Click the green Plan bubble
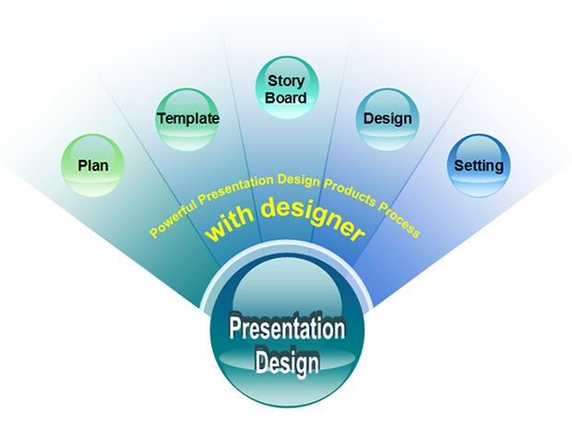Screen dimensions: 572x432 [92, 165]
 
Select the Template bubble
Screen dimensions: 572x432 [187, 119]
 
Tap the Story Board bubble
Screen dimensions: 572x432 [287, 88]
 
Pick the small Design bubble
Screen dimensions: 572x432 [387, 119]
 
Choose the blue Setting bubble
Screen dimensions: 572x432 [479, 165]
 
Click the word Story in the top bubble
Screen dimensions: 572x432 [286, 80]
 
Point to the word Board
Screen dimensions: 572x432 [286, 98]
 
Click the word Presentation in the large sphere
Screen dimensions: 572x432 [287, 328]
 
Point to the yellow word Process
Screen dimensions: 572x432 [399, 220]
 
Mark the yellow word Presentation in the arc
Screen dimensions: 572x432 [235, 187]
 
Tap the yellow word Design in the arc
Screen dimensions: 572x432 [299, 180]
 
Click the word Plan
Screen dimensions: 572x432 [93, 165]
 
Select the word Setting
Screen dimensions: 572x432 [479, 166]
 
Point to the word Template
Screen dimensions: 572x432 [188, 118]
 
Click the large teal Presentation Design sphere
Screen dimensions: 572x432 [287, 330]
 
